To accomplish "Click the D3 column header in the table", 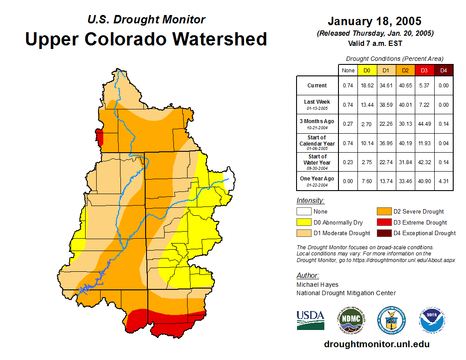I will (424, 70).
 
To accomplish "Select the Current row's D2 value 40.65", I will (406, 86).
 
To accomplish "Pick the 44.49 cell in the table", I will (424, 124).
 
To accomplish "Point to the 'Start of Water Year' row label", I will (317, 162).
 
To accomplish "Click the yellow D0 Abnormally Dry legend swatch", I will (304, 222).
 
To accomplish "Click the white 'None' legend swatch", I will (304, 212).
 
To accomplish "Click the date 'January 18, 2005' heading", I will (374, 21).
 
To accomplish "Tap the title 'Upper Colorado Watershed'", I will (146, 39).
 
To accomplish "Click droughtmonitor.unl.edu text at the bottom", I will (376, 344).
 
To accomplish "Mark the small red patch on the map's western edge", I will (100, 137).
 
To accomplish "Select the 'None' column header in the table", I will (348, 70).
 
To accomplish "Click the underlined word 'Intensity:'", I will (310, 201).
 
